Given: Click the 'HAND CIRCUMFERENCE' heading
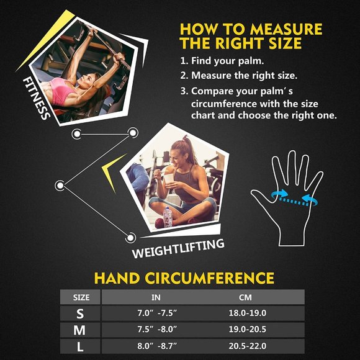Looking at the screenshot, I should [184, 277].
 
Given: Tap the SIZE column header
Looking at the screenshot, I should [81, 297].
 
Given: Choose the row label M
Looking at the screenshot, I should [79, 330].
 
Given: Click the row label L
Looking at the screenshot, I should [80, 347].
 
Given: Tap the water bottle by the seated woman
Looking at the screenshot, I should [167, 217].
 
